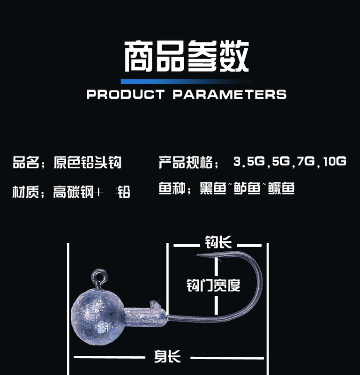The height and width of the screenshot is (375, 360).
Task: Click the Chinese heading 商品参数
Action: click(x=186, y=57)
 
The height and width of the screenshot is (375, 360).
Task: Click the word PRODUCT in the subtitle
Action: click(x=125, y=94)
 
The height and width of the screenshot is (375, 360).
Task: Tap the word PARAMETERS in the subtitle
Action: click(x=229, y=94)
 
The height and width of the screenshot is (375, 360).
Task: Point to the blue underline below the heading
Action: click(x=186, y=81)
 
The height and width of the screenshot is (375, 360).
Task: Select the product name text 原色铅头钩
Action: click(x=88, y=162)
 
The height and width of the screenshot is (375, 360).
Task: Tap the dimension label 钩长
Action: click(x=218, y=243)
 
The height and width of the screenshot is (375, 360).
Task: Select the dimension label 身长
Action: click(x=167, y=357)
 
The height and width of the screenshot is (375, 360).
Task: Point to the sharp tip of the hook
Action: click(x=198, y=255)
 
